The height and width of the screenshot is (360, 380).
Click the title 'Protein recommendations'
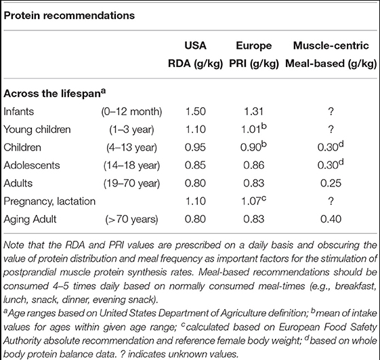(69, 16)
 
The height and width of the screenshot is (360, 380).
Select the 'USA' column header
(195, 45)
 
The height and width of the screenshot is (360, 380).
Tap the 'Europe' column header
(254, 45)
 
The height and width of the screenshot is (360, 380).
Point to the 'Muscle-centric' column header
(331, 45)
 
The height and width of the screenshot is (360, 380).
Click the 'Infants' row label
(19, 112)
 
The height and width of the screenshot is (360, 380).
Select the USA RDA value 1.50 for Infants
(195, 112)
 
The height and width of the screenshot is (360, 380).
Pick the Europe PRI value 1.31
(253, 112)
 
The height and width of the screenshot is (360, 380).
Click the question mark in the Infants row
(331, 112)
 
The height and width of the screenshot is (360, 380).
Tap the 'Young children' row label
(37, 129)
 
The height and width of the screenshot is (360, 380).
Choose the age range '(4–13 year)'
(131, 148)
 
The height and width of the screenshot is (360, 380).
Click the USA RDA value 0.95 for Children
(195, 148)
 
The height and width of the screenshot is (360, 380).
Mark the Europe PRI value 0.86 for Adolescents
(253, 165)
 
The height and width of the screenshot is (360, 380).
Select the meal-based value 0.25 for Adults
(331, 184)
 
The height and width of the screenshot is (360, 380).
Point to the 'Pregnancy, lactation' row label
(49, 201)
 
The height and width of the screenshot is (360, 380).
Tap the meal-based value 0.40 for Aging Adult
(331, 219)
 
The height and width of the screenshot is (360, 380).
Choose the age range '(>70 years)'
(131, 219)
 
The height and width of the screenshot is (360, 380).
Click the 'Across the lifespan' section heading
(55, 94)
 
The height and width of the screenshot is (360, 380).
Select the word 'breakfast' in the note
(356, 286)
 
